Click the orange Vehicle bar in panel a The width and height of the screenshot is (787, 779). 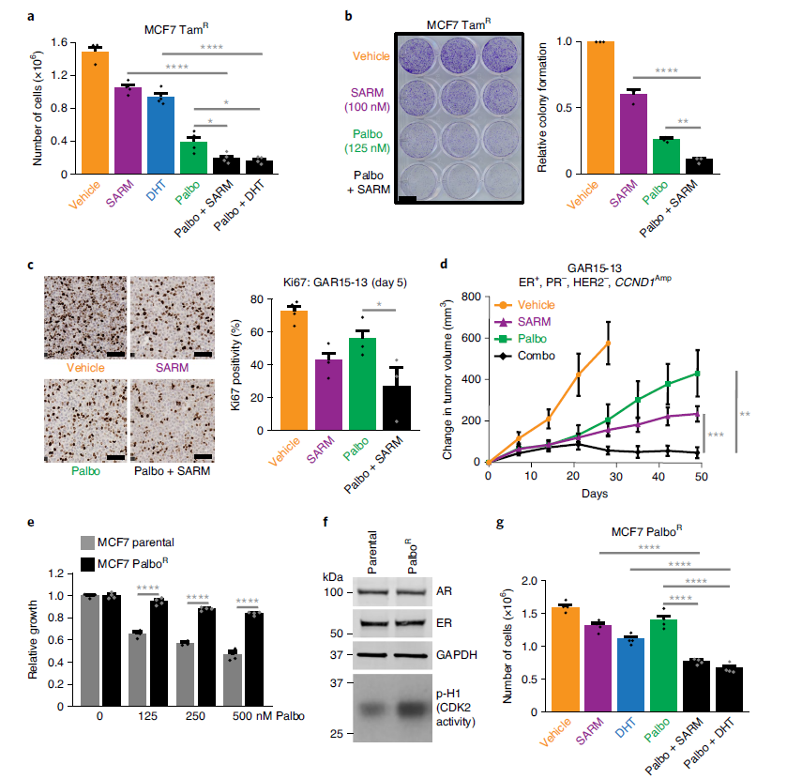click(x=95, y=113)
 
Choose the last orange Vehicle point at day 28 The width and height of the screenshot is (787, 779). click(x=609, y=343)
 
